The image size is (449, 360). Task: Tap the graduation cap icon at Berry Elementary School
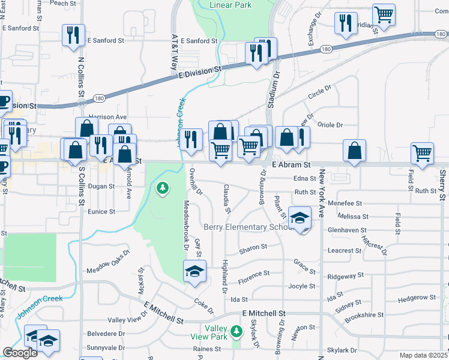coord(300,218)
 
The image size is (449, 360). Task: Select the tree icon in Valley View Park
coord(237,331)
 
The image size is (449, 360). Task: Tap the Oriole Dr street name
coord(330,125)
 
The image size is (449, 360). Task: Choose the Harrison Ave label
coord(107,117)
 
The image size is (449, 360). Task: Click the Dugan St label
coord(101,187)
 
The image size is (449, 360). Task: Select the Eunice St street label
coord(101,212)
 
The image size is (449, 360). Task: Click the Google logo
coord(20,353)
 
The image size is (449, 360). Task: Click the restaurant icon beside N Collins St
coord(73,35)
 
